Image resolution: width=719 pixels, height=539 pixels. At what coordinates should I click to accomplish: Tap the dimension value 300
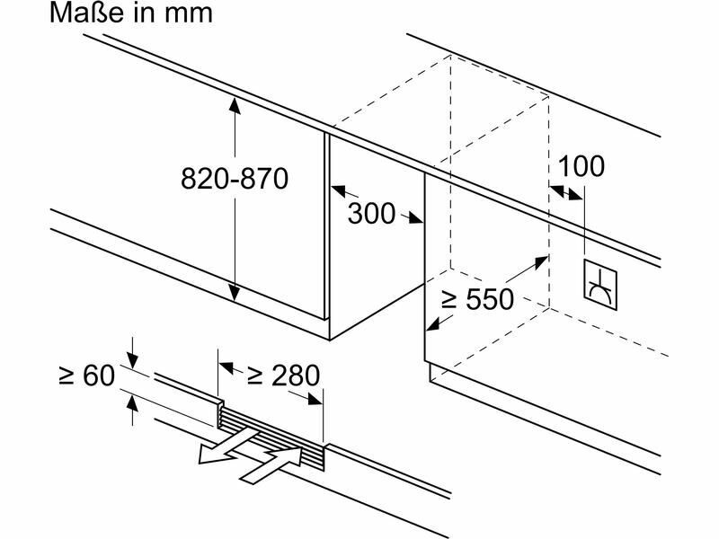tap(371, 214)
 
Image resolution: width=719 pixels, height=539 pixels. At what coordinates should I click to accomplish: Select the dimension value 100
tap(581, 166)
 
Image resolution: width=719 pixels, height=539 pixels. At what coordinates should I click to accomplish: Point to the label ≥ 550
tap(475, 299)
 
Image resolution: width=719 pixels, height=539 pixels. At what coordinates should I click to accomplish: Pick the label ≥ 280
tap(283, 375)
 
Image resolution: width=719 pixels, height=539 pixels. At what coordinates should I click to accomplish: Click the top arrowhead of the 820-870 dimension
tap(235, 106)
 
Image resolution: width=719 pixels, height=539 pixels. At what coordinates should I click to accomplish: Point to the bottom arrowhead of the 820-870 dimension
tap(235, 295)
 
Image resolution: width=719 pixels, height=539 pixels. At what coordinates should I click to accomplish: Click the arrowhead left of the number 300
tap(338, 191)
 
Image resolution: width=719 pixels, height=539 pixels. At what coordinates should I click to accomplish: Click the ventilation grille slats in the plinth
tap(270, 432)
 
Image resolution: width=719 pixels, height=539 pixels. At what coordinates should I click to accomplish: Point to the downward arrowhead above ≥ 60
tap(133, 361)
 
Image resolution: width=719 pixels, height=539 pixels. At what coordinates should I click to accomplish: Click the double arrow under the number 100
tap(566, 192)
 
